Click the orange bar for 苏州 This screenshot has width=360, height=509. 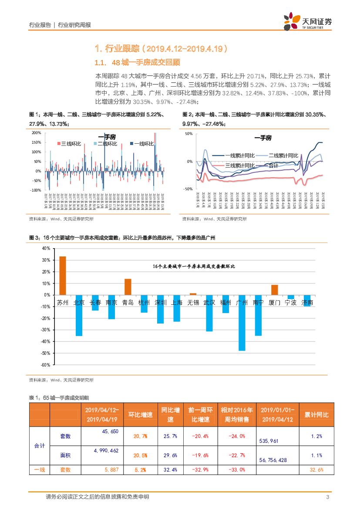[63, 275]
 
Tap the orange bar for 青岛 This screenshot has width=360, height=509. [128, 287]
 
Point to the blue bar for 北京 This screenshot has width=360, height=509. [79, 315]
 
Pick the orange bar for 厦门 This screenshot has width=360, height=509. [274, 290]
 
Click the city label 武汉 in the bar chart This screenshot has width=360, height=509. [210, 303]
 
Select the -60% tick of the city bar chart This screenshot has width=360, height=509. [45, 365]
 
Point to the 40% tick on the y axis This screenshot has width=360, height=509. [46, 248]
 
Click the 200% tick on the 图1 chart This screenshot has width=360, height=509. [37, 133]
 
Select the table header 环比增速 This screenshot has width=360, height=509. [140, 415]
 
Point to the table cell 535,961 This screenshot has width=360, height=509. [269, 441]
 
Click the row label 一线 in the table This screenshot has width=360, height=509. [40, 470]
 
